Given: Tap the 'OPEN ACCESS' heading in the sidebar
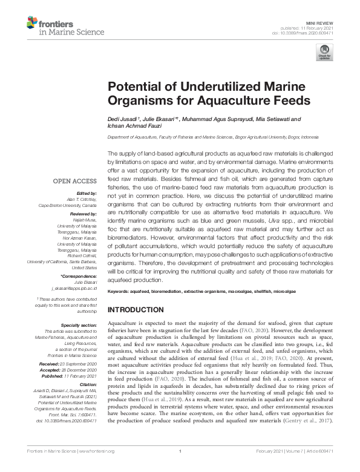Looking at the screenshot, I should click(x=75, y=181).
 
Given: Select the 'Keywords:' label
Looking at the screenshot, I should click(x=118, y=292).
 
